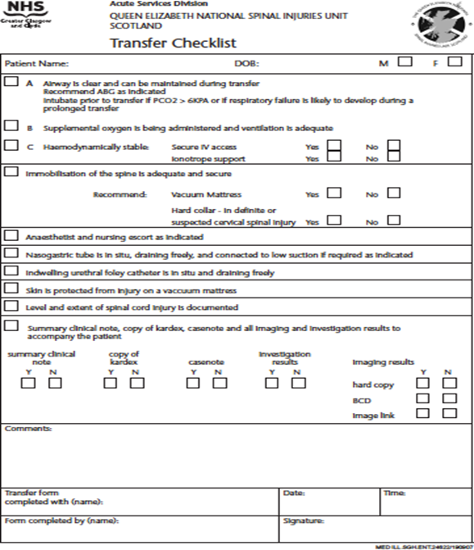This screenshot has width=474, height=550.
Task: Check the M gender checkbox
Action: pyautogui.click(x=404, y=61)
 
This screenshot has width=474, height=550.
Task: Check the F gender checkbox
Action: pyautogui.click(x=454, y=61)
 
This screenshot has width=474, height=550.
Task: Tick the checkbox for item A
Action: pyautogui.click(x=11, y=82)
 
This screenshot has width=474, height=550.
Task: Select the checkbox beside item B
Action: pyautogui.click(x=11, y=126)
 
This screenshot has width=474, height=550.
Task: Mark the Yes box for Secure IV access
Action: pyautogui.click(x=334, y=147)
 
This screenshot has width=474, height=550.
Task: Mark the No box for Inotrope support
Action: pyautogui.click(x=394, y=157)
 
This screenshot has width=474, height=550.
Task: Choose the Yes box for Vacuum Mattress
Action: pyautogui.click(x=334, y=193)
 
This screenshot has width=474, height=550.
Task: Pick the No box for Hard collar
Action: pyautogui.click(x=394, y=220)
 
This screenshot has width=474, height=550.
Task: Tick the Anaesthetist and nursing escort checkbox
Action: pyautogui.click(x=11, y=235)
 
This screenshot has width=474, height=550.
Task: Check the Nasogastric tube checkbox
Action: pyautogui.click(x=11, y=253)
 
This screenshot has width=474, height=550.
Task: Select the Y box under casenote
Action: pyautogui.click(x=194, y=382)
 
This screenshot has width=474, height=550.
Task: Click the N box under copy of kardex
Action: pyautogui.click(x=137, y=382)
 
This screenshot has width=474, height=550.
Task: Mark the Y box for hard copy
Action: pyautogui.click(x=422, y=383)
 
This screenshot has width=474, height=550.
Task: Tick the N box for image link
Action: pyautogui.click(x=449, y=413)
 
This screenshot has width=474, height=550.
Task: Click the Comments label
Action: pyautogui.click(x=28, y=429)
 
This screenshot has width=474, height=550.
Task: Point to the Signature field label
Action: pyautogui.click(x=305, y=520)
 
